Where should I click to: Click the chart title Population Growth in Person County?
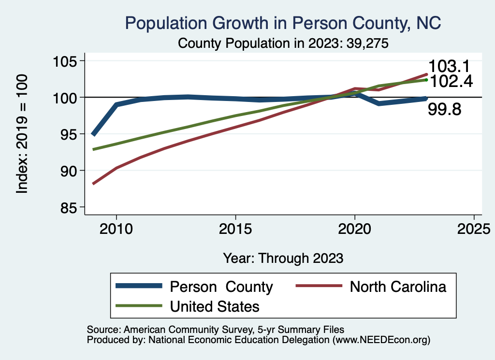[283, 23]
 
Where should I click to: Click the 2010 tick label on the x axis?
[116, 228]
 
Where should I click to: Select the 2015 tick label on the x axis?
[235, 228]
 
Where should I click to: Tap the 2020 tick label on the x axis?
[355, 228]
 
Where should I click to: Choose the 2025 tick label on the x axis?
[474, 228]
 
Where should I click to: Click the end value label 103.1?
[450, 67]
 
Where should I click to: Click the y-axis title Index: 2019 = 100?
[22, 134]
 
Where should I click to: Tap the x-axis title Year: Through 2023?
[283, 258]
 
